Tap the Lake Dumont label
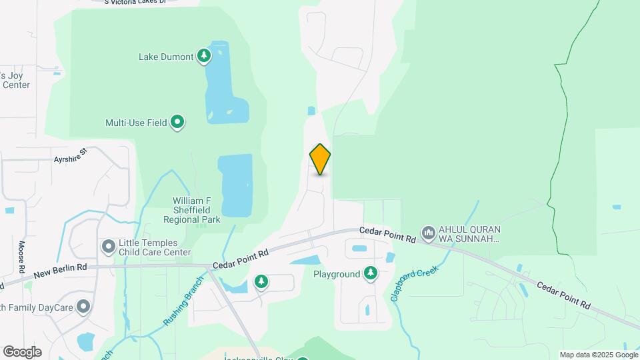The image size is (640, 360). [x=166, y=57]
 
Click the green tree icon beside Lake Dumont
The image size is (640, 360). [x=204, y=57]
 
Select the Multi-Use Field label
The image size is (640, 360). [x=135, y=123]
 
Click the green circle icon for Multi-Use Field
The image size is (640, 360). [x=177, y=122]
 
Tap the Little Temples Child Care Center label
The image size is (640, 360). [x=155, y=248]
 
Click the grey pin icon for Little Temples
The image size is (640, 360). [x=108, y=247]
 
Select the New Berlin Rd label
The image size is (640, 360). [x=61, y=269]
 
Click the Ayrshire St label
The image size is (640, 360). [x=71, y=156]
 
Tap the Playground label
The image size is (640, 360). [x=337, y=274]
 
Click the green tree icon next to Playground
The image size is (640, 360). [x=371, y=273]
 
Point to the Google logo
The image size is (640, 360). [x=22, y=352]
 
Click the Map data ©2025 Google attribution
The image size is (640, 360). [x=599, y=355]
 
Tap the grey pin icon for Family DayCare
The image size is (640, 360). [x=83, y=307]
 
